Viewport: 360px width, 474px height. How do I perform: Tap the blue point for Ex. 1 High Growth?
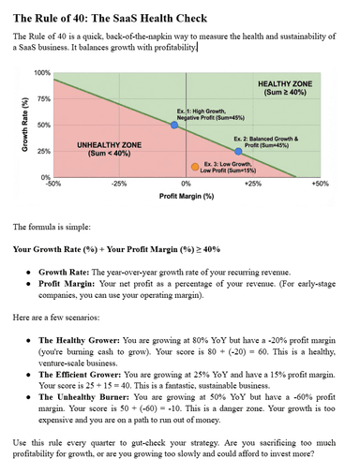(x=173, y=125)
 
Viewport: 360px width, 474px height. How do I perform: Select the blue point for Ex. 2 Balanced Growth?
(x=238, y=151)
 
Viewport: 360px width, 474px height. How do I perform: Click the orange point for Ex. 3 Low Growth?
(x=195, y=167)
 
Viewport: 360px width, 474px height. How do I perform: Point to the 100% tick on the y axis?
(x=43, y=73)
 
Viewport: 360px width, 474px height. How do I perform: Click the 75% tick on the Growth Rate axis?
(x=43, y=98)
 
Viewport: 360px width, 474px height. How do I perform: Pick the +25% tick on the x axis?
(x=252, y=185)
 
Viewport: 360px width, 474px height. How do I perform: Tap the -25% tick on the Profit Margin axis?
(x=118, y=185)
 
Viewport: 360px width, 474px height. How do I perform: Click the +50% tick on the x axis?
(x=319, y=185)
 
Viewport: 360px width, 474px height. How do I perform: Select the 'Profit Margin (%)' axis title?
(x=187, y=197)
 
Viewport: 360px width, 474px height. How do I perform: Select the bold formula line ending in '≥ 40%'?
(x=116, y=249)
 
